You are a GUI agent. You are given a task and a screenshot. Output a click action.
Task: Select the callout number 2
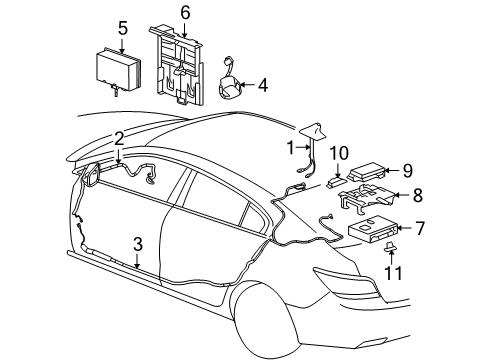tap(119, 139)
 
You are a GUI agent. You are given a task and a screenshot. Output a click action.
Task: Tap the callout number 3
tap(138, 244)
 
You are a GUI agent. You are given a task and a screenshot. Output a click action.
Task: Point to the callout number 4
tap(262, 86)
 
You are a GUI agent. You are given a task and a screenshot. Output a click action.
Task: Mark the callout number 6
tap(184, 13)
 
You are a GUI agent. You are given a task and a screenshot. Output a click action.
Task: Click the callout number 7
tap(420, 229)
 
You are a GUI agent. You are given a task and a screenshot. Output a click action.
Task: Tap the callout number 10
tap(339, 153)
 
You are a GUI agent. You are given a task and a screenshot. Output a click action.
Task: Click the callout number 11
tap(393, 271)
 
